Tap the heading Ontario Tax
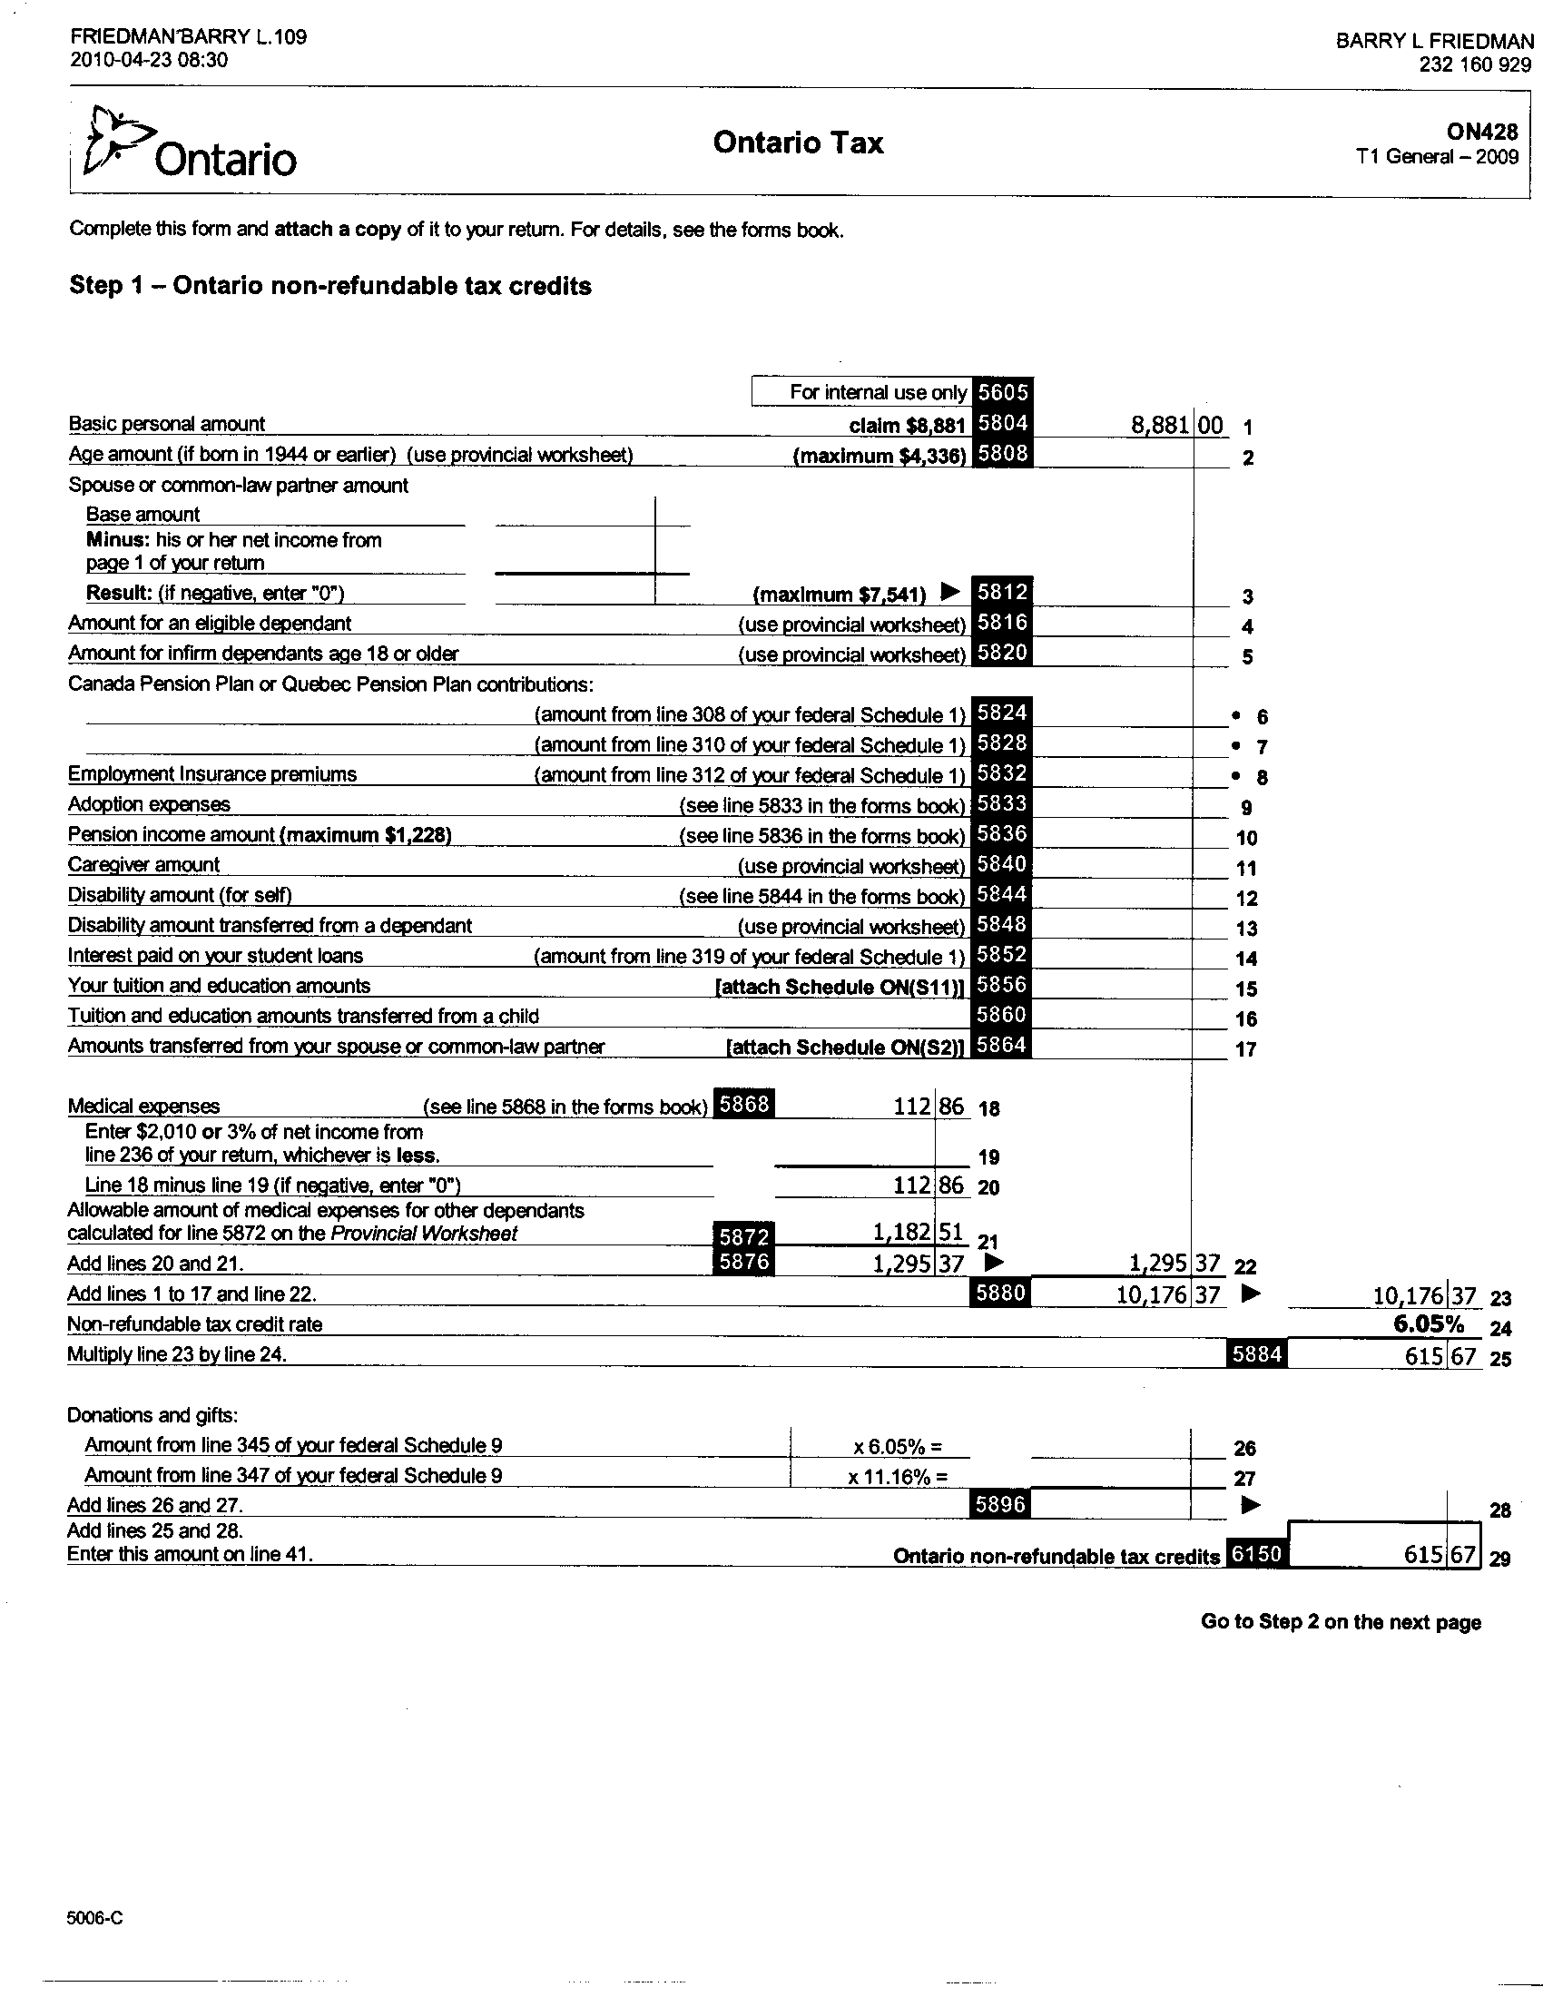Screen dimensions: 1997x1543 pos(798,143)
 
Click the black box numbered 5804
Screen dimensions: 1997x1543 pos(1002,423)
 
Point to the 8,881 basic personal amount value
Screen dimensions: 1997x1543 pos(1159,425)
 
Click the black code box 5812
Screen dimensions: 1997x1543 pos(1002,592)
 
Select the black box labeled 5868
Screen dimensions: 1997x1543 pos(744,1105)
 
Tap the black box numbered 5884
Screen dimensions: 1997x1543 pos(1256,1354)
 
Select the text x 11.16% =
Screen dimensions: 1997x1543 pos(897,1476)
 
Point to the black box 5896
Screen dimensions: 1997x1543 pos(1000,1504)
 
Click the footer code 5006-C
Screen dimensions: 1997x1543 pos(94,1917)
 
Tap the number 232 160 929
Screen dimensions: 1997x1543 pos(1474,65)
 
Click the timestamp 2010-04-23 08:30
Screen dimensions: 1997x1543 pos(149,60)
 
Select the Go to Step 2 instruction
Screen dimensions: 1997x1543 pos(1340,1621)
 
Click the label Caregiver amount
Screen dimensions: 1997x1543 pos(143,865)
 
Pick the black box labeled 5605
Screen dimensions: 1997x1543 pos(1002,392)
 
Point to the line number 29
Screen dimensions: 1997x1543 pos(1499,1559)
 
